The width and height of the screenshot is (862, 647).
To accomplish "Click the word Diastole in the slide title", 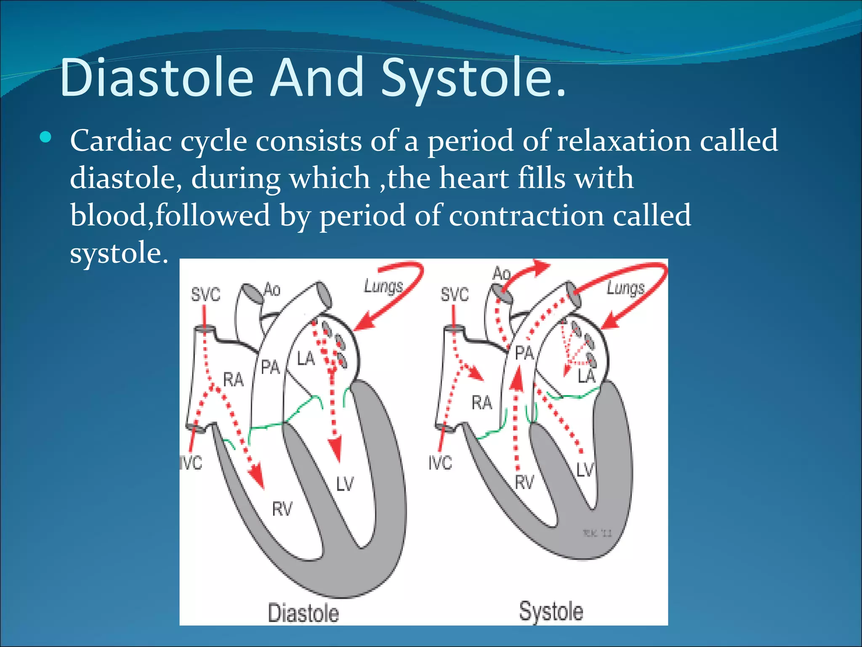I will pyautogui.click(x=157, y=78).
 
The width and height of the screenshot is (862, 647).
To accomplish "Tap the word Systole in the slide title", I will pyautogui.click(x=474, y=79).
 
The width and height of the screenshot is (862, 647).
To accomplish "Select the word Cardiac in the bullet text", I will pyautogui.click(x=121, y=141).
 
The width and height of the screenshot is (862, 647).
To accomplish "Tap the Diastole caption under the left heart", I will pyautogui.click(x=303, y=613).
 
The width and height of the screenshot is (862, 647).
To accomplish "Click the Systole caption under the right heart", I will pyautogui.click(x=551, y=611).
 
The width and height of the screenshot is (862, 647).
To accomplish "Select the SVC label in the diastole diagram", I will pyautogui.click(x=205, y=294).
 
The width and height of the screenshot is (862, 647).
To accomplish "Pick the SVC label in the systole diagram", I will pyautogui.click(x=455, y=294).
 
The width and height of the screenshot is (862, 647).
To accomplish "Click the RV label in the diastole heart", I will pyautogui.click(x=282, y=509).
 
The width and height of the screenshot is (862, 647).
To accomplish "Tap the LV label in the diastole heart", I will pyautogui.click(x=345, y=484).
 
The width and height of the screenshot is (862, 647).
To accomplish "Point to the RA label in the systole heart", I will pyautogui.click(x=482, y=403).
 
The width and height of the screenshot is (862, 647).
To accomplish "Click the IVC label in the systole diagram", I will pyautogui.click(x=440, y=463).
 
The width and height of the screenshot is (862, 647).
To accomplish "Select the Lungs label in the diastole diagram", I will pyautogui.click(x=383, y=286).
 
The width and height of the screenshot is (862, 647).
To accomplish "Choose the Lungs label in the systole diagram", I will pyautogui.click(x=625, y=289).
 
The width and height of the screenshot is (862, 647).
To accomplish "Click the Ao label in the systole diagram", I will pyautogui.click(x=501, y=274).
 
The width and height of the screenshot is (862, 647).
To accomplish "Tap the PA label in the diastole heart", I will pyautogui.click(x=270, y=367).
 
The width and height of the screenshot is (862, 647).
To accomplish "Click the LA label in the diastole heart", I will pyautogui.click(x=306, y=358).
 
